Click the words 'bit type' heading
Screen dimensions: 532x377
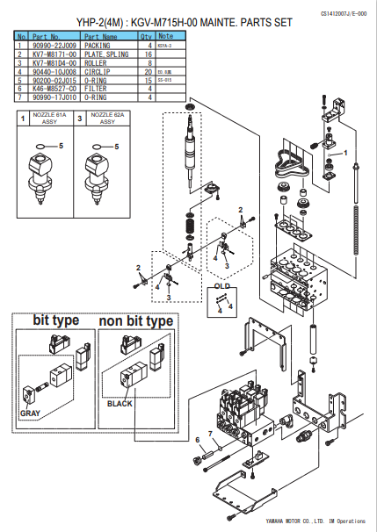(x=55, y=321)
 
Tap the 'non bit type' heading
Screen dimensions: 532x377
(x=135, y=321)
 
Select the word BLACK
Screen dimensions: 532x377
(x=120, y=403)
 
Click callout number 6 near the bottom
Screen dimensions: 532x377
(x=197, y=439)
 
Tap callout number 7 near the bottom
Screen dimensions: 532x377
(x=210, y=434)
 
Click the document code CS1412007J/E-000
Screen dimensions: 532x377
(x=335, y=14)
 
